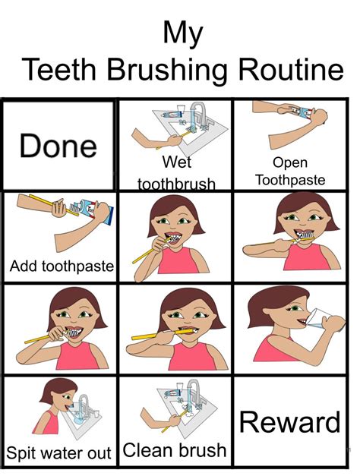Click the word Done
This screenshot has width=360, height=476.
point(58,146)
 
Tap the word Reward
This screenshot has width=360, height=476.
point(289,421)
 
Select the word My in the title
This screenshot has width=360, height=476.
point(183,33)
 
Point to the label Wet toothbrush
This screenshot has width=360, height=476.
point(176,173)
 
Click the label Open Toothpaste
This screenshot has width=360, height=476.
point(289,172)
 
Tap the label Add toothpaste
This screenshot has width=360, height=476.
point(62,266)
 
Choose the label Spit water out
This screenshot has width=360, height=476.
point(58,454)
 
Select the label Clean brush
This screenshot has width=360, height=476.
point(175,449)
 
